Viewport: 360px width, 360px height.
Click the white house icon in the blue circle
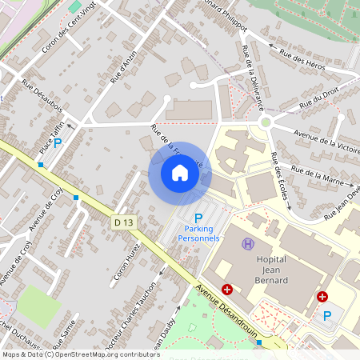(x=180, y=172)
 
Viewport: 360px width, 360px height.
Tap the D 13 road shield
(x=122, y=222)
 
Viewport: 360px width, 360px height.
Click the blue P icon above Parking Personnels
(x=199, y=218)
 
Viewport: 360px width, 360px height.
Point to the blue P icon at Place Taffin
(x=57, y=142)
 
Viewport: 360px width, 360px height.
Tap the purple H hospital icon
(x=248, y=242)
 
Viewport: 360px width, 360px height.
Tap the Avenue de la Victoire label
(x=327, y=140)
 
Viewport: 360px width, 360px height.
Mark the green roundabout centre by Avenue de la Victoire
(x=265, y=122)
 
